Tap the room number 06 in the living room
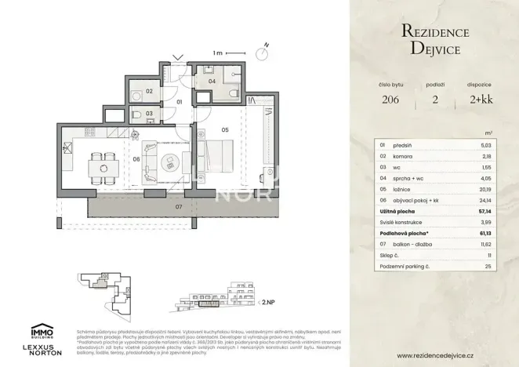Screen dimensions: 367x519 coord(136,159)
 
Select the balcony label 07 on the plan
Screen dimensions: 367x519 coord(178,208)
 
